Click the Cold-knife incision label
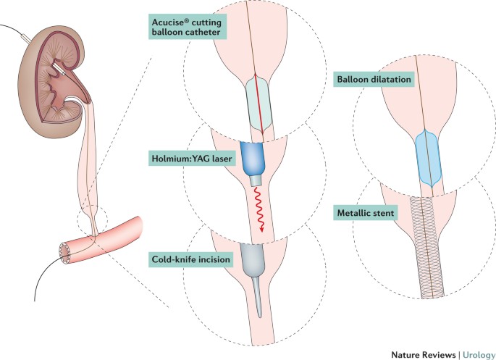pyautogui.click(x=191, y=258)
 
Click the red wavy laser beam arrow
pyautogui.click(x=258, y=210)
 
